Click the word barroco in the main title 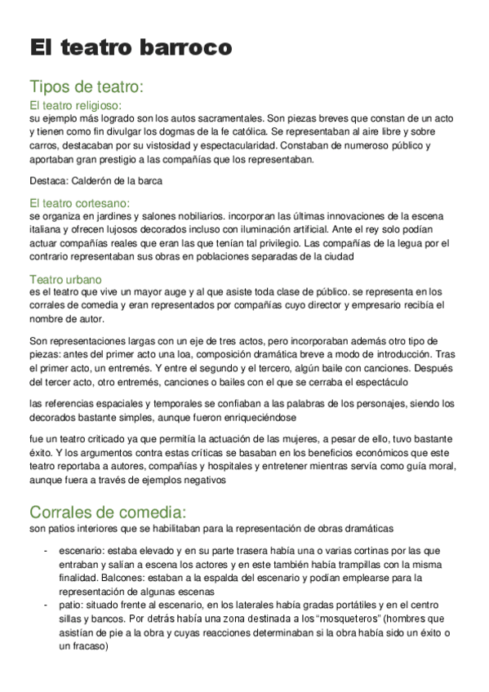(x=189, y=47)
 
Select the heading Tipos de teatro (x=87, y=86)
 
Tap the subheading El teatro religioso (x=75, y=105)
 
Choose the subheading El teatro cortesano (x=79, y=202)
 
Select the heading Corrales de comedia (x=108, y=512)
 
